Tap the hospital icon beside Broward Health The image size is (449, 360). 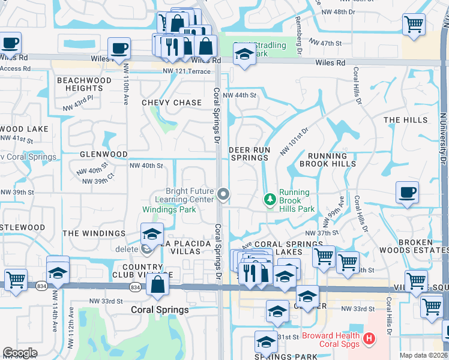pyautogui.click(x=369, y=339)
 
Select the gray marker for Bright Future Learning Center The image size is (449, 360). pyautogui.click(x=223, y=193)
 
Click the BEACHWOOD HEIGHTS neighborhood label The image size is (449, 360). pyautogui.click(x=84, y=84)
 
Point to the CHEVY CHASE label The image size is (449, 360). pyautogui.click(x=172, y=103)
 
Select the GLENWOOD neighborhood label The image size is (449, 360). pyautogui.click(x=104, y=154)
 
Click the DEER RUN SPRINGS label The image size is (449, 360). pyautogui.click(x=250, y=154)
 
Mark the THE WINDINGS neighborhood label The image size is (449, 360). pyautogui.click(x=94, y=233)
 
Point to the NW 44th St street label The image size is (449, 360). pyautogui.click(x=240, y=95)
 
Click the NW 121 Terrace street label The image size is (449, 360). pyautogui.click(x=187, y=71)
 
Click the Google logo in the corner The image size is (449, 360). pyautogui.click(x=20, y=353)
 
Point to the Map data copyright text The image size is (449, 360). pyautogui.click(x=423, y=355)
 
